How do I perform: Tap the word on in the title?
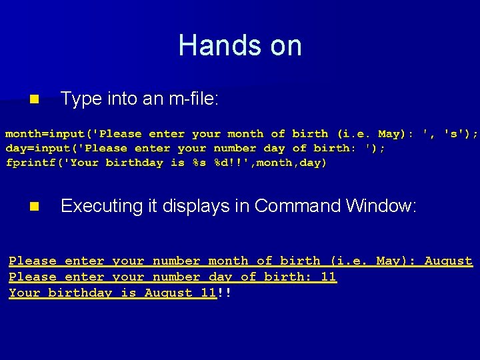click(283, 46)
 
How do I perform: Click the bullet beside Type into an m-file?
click(35, 100)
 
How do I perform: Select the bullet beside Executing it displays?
click(35, 207)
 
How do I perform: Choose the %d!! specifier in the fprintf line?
click(229, 163)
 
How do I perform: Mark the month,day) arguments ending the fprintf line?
click(291, 163)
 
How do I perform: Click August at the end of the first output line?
click(448, 261)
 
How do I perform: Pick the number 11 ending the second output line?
click(328, 277)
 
